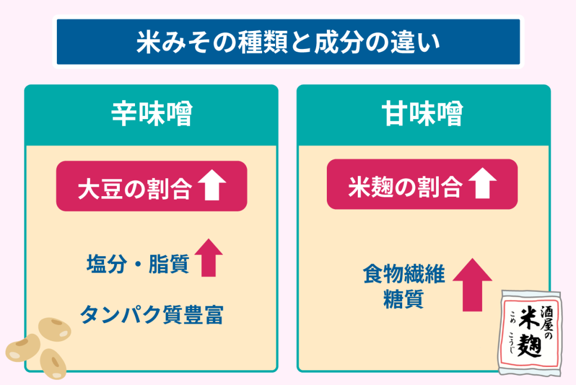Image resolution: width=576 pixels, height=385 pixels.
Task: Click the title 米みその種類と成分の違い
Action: tap(287, 43)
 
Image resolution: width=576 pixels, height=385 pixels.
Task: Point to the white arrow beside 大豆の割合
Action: tap(211, 186)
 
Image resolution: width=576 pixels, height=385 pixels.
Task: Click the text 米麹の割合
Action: tap(405, 187)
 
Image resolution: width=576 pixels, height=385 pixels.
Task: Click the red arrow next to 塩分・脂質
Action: tap(209, 257)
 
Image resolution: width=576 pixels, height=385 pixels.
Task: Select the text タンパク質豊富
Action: tap(151, 315)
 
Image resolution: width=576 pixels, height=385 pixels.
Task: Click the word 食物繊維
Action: tap(404, 275)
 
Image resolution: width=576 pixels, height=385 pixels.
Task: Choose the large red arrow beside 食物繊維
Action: tap(472, 284)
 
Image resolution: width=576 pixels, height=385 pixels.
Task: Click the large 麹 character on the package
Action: tap(528, 346)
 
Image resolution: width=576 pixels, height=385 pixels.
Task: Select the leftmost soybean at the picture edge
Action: tap(21, 348)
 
